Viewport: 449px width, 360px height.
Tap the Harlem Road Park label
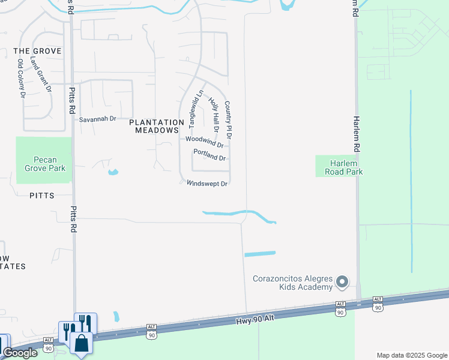point(339,167)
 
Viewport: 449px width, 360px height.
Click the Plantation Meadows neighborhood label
point(157,126)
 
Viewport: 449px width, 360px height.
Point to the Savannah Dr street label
point(98,119)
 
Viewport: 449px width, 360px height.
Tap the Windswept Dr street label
point(206,184)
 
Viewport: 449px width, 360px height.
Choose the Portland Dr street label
point(209,158)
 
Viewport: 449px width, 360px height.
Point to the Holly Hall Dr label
point(214,114)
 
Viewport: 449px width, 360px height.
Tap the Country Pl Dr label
point(228,120)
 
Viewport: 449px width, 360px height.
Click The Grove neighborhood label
point(38,52)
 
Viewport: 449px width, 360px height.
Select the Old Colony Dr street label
point(22,78)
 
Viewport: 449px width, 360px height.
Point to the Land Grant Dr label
point(45,74)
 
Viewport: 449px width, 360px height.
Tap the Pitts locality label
point(42,196)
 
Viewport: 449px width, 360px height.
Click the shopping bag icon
point(81,343)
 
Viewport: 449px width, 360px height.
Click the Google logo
point(20,353)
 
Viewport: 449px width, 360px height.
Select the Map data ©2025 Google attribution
point(411,355)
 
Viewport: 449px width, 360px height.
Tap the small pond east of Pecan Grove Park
point(113,173)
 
